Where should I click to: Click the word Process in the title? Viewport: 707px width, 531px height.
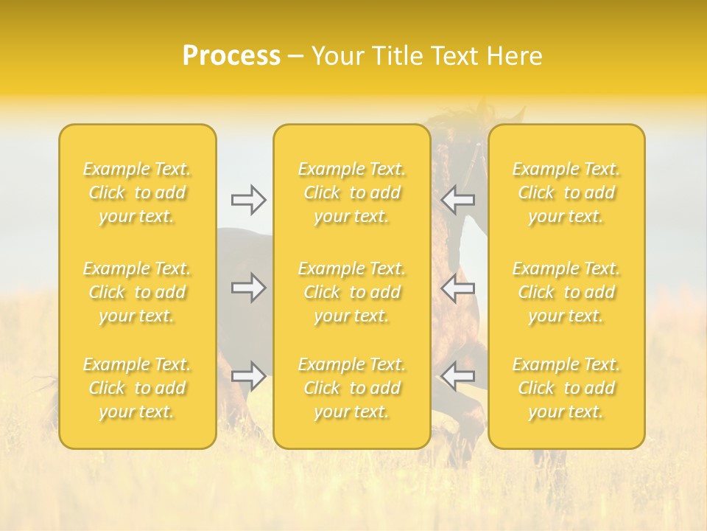(231, 56)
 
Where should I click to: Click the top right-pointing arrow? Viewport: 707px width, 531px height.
(248, 200)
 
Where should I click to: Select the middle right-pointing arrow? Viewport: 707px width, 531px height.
(248, 288)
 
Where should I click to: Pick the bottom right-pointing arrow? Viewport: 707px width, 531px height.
(248, 376)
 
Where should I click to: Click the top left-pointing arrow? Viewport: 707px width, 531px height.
(458, 200)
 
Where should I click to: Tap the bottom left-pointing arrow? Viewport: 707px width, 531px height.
(458, 376)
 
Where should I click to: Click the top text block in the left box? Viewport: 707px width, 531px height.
(137, 192)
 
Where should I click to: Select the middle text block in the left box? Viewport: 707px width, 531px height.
(137, 292)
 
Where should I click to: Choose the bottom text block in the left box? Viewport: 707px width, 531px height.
(137, 388)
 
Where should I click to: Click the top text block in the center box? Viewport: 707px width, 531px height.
(352, 192)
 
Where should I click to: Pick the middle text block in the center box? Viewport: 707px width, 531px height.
(352, 292)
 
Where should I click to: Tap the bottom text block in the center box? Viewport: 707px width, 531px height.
(352, 388)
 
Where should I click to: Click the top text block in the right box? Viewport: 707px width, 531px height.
(566, 192)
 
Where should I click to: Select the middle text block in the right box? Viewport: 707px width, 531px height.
(566, 292)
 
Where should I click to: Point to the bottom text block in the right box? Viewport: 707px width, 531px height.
(566, 388)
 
